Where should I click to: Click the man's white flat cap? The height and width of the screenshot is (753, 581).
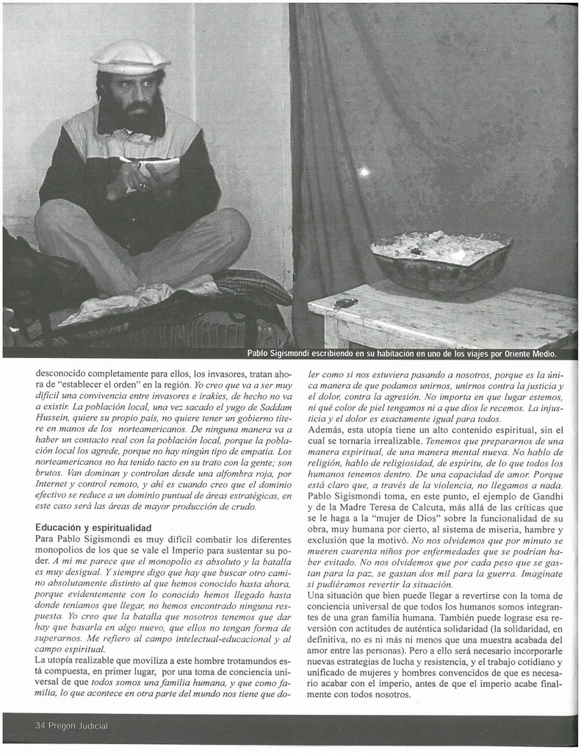tap(130, 57)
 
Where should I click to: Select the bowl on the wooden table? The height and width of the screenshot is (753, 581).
tap(441, 260)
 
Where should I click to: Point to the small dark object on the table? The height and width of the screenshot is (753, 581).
tap(344, 302)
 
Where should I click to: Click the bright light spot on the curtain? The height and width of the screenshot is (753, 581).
tap(364, 171)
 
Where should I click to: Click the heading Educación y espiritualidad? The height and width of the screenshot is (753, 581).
tap(93, 528)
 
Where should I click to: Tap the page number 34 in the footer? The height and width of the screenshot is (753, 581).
tap(40, 726)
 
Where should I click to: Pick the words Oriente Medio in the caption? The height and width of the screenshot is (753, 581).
tap(530, 354)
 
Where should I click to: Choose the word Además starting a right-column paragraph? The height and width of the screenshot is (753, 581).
tap(327, 430)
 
